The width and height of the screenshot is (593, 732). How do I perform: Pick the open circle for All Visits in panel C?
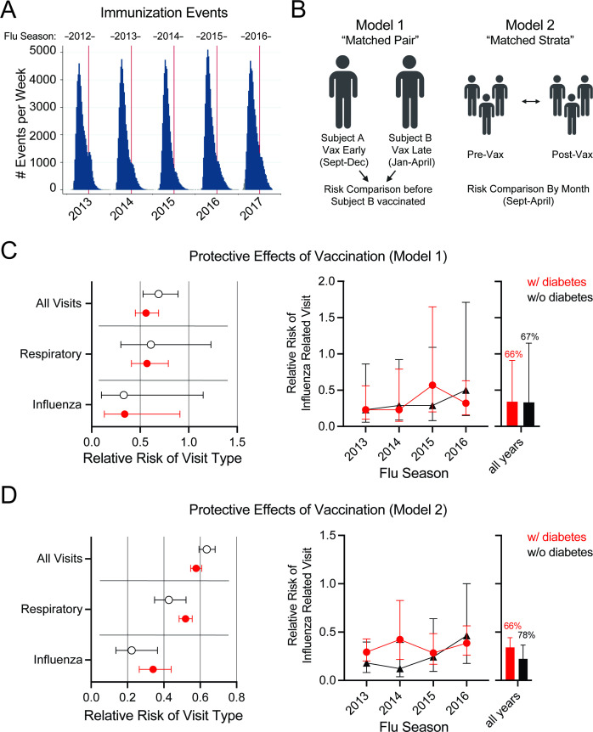point(159,294)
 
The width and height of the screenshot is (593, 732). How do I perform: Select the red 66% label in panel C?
point(512,330)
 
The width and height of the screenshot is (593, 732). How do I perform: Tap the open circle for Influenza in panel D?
point(132,650)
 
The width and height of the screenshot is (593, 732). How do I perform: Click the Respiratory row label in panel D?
point(51,610)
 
